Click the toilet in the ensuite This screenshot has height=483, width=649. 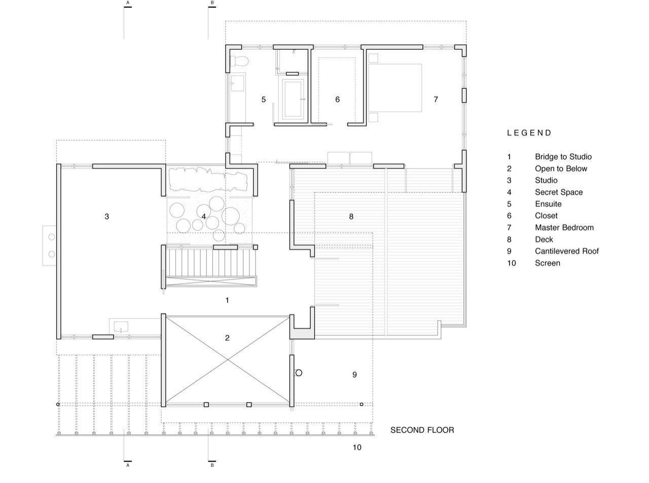coord(239,61)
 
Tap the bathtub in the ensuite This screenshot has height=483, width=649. coord(293,99)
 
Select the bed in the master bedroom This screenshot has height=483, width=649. coord(395,88)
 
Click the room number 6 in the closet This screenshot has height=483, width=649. coord(337,99)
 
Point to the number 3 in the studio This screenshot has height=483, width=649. coord(107,217)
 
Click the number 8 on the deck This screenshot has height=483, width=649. coord(351,217)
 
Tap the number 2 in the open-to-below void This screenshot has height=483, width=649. coord(227,338)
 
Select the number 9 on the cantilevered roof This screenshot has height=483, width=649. coord(354,374)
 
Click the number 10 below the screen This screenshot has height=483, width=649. coord(356,447)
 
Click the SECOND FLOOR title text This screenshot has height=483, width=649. coord(422,430)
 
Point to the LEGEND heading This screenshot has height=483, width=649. coord(529,133)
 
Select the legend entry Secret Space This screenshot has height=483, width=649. coord(559,192)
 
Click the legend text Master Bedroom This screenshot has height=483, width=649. coord(564,228)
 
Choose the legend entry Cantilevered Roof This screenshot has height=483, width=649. coord(566,251)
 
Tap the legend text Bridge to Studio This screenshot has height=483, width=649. coord(563,157)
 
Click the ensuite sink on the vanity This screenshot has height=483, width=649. coord(237,83)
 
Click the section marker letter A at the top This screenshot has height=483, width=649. coord(128,3)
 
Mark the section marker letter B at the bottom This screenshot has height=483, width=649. coord(212,465)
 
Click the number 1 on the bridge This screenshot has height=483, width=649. coord(227,300)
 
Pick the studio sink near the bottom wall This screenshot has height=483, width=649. coord(121,327)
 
